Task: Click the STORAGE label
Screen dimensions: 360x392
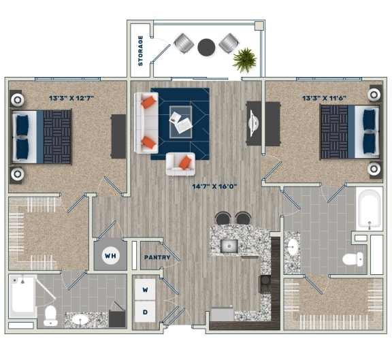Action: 141,50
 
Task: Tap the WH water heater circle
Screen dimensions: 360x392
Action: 109,257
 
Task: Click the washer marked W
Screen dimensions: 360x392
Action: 145,289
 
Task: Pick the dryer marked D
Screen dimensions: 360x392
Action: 145,312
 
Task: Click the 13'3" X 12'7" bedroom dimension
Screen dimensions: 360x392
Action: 71,98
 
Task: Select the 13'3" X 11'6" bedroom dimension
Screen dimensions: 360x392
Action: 323,98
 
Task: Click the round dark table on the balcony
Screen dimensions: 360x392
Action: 206,47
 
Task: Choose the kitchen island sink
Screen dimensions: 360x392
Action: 230,245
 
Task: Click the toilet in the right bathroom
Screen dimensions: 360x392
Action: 353,259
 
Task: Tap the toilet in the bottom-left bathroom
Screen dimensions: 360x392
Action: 50,314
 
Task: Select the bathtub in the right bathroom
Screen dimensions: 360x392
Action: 369,210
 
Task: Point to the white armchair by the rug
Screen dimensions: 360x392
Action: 181,163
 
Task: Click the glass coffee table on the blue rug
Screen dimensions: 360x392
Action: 180,120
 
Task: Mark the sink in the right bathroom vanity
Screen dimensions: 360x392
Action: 293,246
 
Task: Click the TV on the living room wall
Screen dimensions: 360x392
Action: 253,122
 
